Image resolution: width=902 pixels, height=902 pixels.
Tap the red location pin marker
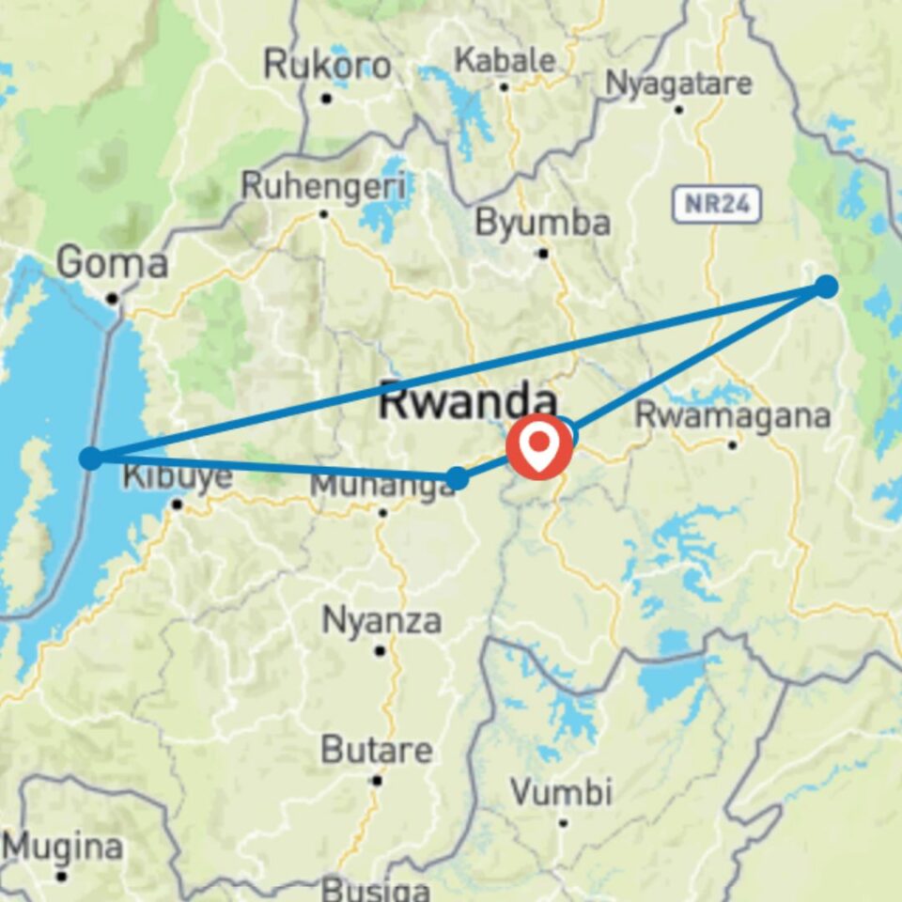(539, 445)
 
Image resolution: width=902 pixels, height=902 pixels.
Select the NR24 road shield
(716, 205)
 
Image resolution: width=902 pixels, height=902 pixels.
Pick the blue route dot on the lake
(90, 459)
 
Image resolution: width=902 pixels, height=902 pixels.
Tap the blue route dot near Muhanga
(457, 478)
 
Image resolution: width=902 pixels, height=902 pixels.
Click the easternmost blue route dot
(826, 287)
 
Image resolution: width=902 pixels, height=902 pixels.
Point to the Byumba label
(542, 223)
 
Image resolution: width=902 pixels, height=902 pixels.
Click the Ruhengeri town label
(324, 186)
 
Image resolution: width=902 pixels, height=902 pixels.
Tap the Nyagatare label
(678, 84)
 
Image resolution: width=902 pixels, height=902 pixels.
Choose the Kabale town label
(505, 60)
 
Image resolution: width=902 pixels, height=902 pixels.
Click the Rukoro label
(327, 66)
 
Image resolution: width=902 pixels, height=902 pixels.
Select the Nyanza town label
(381, 620)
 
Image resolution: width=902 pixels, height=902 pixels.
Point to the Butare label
(377, 751)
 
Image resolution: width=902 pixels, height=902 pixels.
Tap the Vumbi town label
(562, 792)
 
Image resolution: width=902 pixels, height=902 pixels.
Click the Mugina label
(62, 848)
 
